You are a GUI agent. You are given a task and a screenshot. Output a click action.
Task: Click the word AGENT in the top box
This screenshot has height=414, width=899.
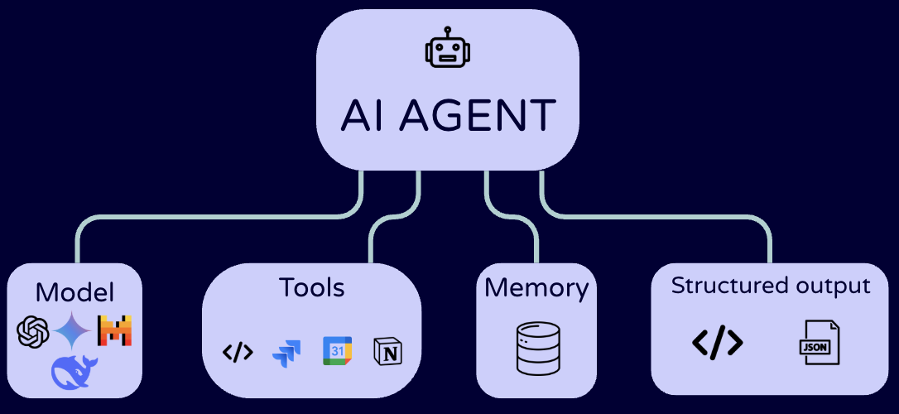(x=477, y=116)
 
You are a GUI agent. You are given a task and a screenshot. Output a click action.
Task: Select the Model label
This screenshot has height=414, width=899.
(x=75, y=292)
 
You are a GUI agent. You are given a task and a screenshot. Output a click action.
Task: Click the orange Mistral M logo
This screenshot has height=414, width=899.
(x=115, y=331)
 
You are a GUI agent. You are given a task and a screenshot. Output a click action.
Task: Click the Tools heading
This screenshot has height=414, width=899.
(x=311, y=287)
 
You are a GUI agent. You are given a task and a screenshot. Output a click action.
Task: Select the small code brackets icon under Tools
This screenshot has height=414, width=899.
(x=238, y=352)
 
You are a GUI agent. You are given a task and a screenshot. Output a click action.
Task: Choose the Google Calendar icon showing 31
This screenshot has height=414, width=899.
(x=337, y=351)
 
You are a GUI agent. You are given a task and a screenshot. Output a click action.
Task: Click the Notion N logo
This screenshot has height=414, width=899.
(x=386, y=351)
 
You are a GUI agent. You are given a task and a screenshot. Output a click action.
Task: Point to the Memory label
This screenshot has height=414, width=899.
(x=536, y=288)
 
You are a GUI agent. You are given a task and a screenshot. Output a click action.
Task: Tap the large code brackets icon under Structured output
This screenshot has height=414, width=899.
(x=717, y=341)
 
